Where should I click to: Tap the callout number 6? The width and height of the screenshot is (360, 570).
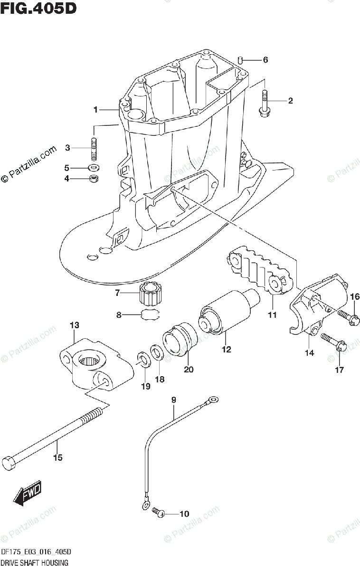click(265, 60)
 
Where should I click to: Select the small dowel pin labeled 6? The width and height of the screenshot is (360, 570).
click(241, 60)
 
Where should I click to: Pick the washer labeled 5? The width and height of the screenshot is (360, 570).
click(94, 168)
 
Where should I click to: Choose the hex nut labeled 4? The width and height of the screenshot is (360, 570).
click(94, 179)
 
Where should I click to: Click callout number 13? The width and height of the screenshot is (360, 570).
click(74, 325)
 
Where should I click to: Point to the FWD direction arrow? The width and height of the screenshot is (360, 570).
click(28, 494)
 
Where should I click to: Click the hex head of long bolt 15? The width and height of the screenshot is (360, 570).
click(9, 462)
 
